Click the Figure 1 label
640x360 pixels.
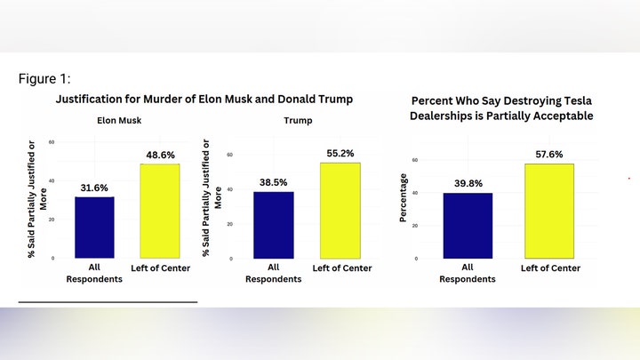[45, 79]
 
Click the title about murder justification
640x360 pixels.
[204, 99]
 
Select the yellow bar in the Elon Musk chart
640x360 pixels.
[160, 211]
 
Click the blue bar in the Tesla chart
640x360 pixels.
[467, 225]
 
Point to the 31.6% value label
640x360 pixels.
[94, 188]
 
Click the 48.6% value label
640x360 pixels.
[160, 156]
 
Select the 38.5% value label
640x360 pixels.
[274, 182]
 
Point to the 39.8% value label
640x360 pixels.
[467, 184]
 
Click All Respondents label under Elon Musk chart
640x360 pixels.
[94, 273]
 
